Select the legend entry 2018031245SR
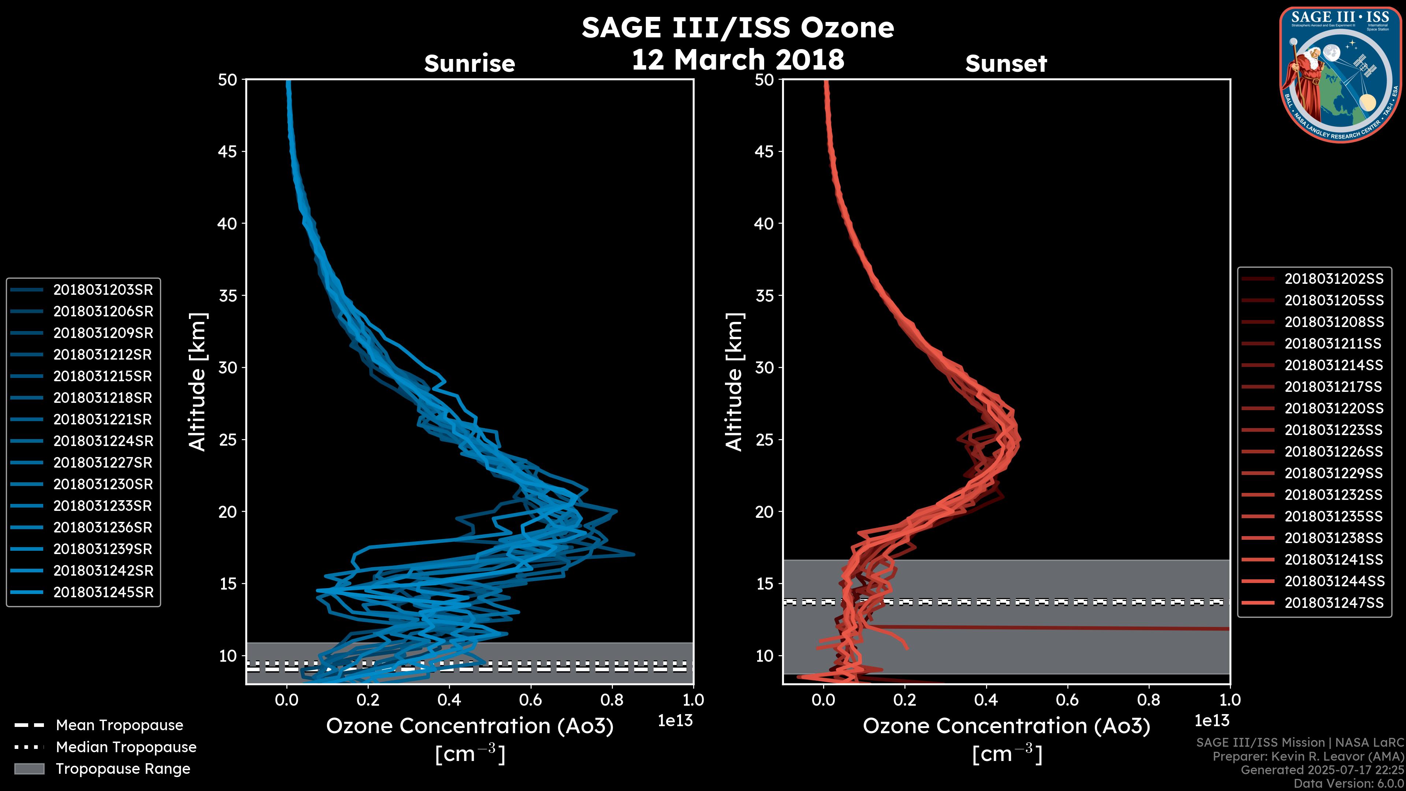[x=103, y=592]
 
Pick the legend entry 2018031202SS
[x=1334, y=279]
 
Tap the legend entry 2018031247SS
[x=1334, y=603]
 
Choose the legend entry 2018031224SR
[x=103, y=441]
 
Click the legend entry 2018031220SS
[x=1334, y=408]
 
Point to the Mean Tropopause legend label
[x=119, y=725]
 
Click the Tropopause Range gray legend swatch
[x=29, y=769]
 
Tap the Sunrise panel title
[x=469, y=63]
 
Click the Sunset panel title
[x=1006, y=63]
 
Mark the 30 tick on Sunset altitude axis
[x=764, y=367]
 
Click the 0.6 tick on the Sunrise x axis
[x=531, y=700]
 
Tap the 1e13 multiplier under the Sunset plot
[x=1212, y=721]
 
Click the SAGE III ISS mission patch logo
[x=1340, y=74]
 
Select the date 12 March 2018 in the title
[x=737, y=59]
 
